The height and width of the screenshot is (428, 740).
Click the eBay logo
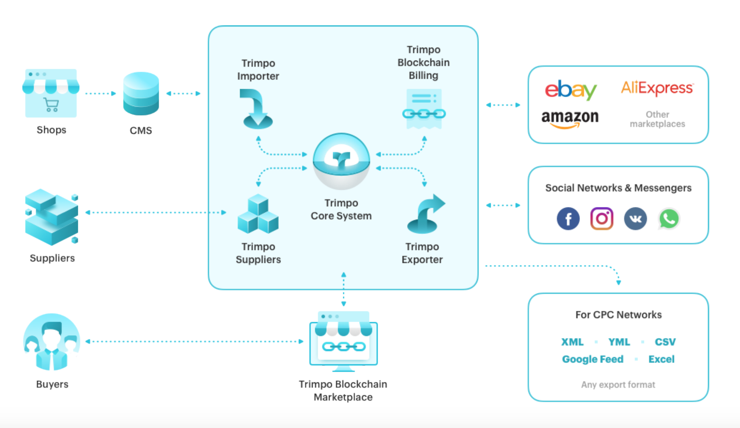point(571,90)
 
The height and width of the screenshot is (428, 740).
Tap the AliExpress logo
point(657,88)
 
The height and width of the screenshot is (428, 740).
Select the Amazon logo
point(570,118)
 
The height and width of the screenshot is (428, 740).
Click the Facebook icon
point(568,219)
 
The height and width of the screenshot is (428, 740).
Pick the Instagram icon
point(602,219)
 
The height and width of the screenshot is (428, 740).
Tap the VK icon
point(635,219)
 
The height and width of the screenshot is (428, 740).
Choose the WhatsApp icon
point(669,219)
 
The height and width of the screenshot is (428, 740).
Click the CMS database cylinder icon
point(141,94)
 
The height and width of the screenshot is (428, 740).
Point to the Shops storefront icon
point(51,93)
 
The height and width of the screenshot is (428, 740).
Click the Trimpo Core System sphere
point(341,161)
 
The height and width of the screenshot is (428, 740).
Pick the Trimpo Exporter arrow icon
point(425,214)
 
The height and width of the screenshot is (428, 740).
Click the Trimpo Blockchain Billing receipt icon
point(424,109)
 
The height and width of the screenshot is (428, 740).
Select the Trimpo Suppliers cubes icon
point(258,214)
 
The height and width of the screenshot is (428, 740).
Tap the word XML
point(572,342)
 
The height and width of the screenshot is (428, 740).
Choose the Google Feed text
point(593,359)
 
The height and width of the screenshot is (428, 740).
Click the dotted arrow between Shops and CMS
point(101,93)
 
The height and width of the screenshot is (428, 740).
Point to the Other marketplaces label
point(657,119)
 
